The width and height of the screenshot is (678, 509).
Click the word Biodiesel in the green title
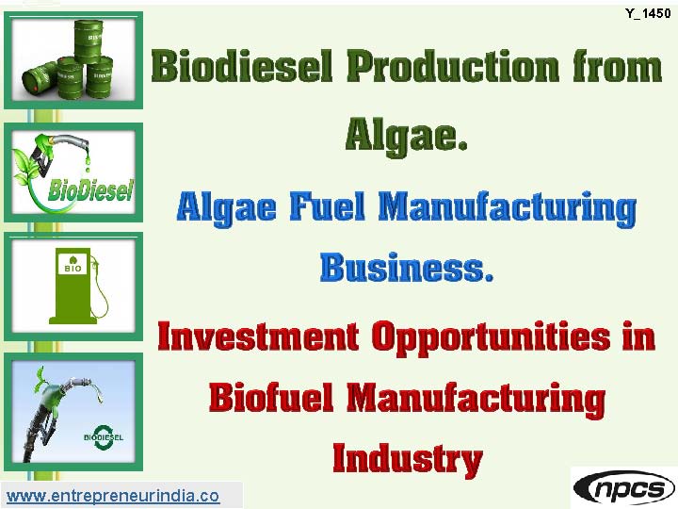click(x=242, y=66)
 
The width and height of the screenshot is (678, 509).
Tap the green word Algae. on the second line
click(x=407, y=135)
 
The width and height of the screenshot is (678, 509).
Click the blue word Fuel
click(x=328, y=206)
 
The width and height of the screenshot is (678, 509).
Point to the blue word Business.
click(x=407, y=268)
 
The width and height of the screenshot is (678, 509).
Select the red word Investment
click(x=258, y=337)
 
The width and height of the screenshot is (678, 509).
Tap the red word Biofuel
click(x=271, y=398)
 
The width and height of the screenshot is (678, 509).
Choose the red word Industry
click(x=408, y=460)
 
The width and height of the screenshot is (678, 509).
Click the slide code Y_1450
click(x=648, y=13)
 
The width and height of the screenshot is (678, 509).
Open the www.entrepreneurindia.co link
click(x=113, y=496)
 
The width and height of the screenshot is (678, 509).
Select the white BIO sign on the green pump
click(x=73, y=264)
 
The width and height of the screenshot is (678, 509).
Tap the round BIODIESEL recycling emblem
click(x=104, y=437)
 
